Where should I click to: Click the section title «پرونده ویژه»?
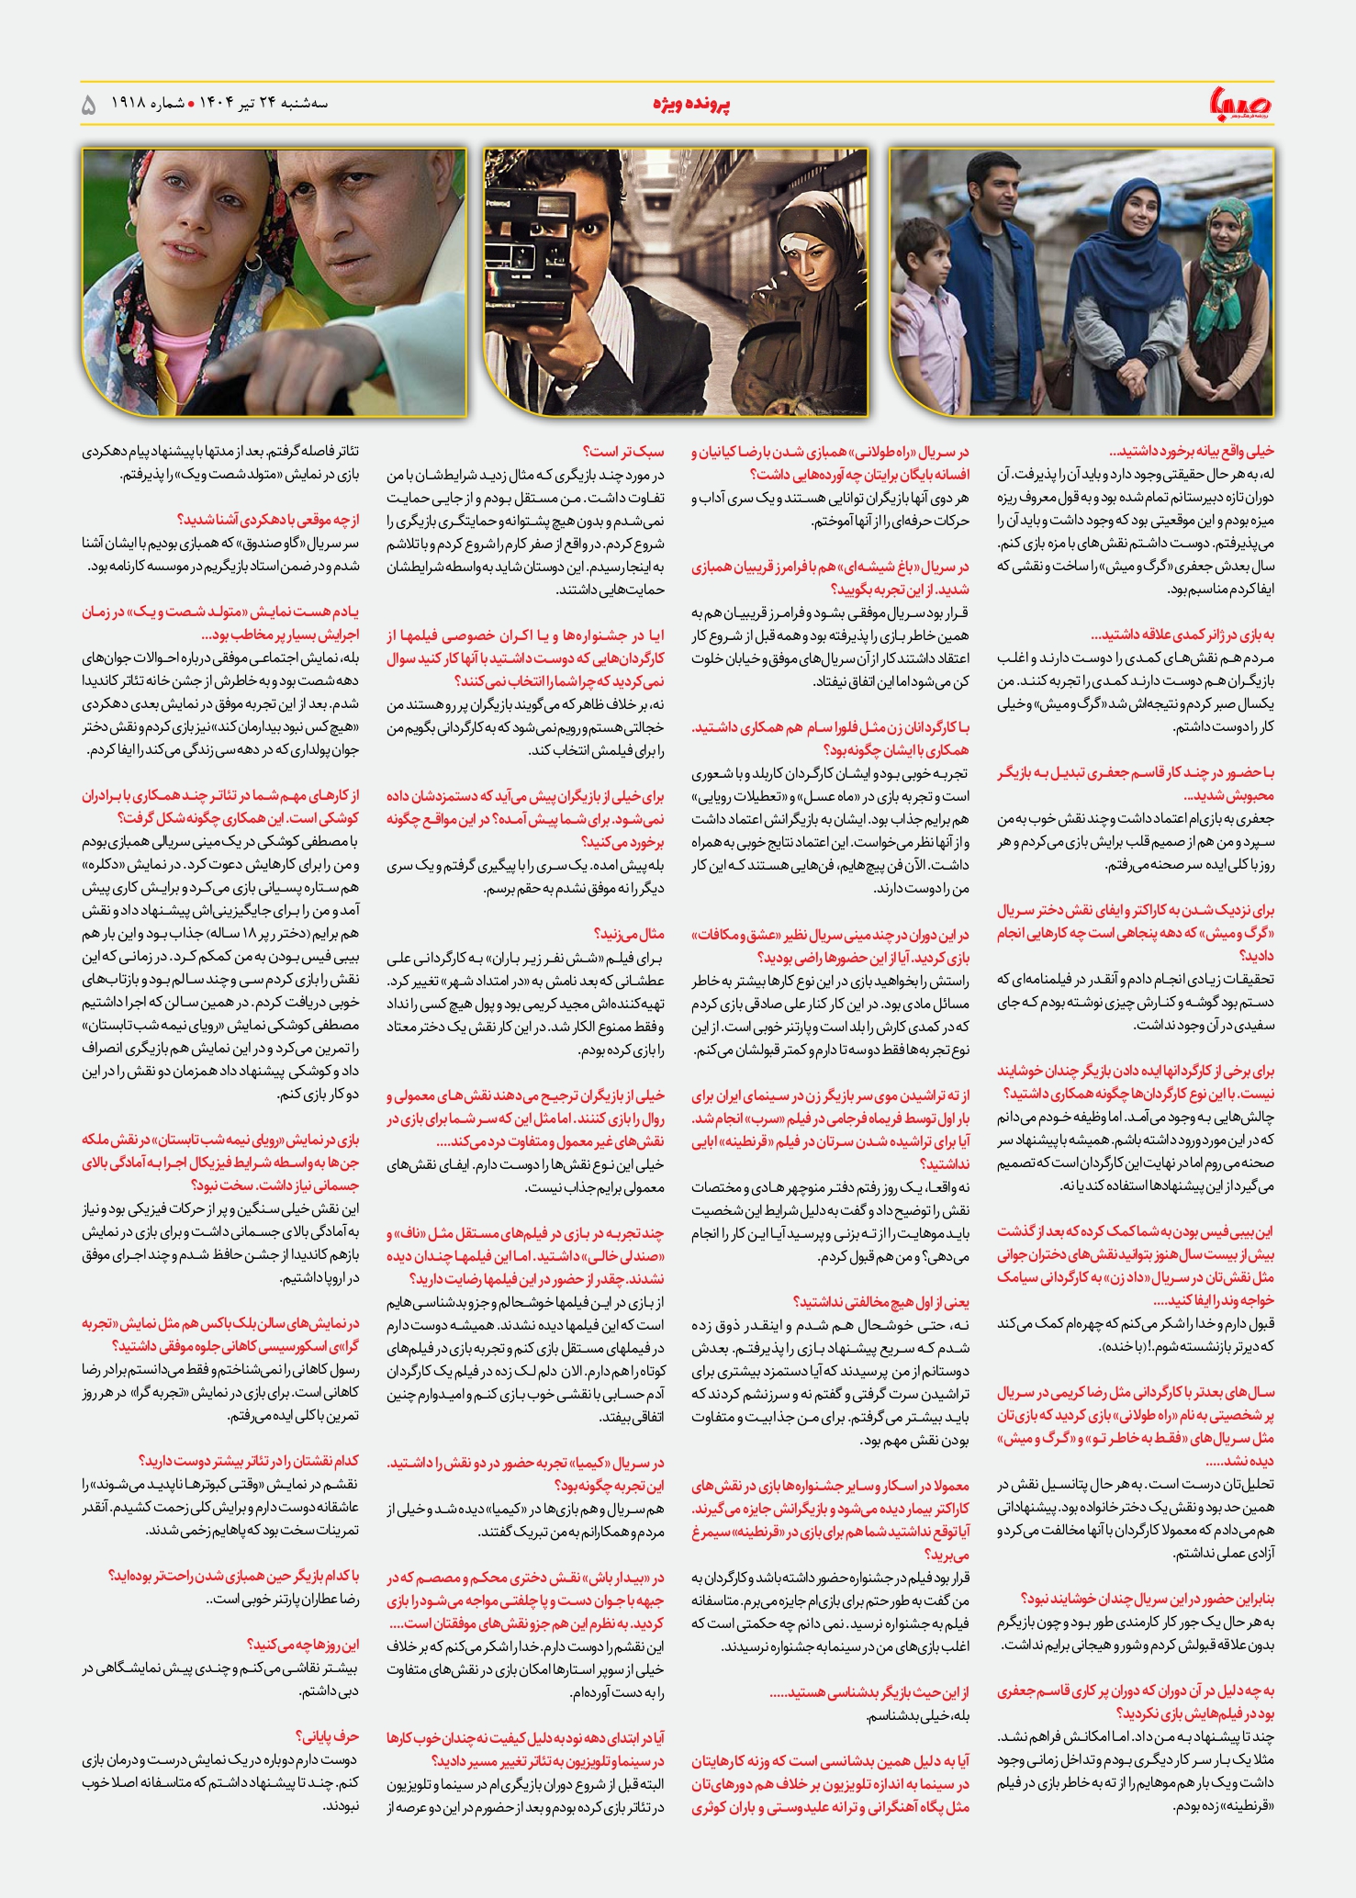691,103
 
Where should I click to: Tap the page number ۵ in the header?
89,104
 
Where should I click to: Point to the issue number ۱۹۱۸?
128,103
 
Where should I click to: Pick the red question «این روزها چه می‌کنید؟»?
303,1645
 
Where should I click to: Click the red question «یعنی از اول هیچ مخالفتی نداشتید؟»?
880,1301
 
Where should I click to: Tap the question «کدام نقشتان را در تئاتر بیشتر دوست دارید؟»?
249,1460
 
